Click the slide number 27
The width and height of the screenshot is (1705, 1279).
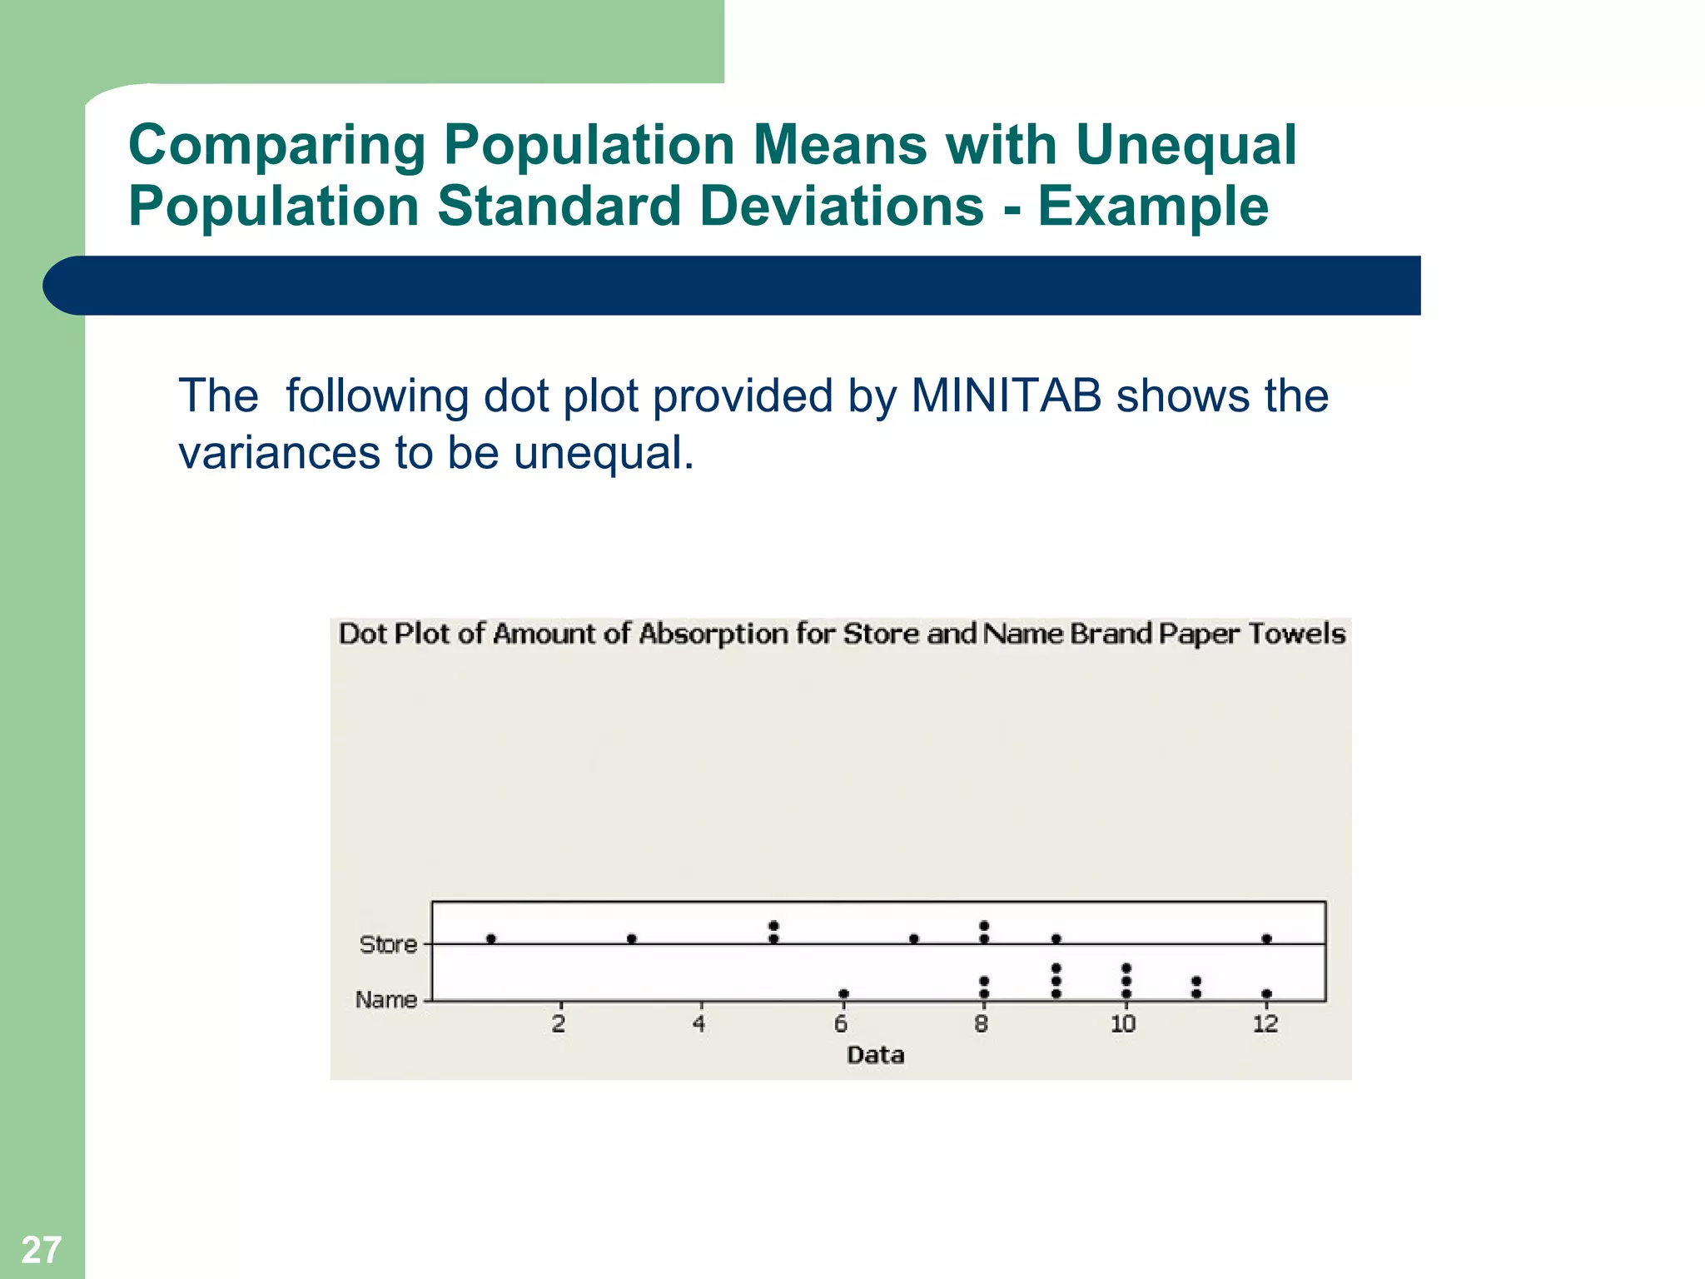[41, 1250]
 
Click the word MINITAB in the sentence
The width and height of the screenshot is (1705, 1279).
[1006, 396]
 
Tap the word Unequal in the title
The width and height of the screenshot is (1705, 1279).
[1186, 145]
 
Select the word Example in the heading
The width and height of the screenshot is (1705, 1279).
[1153, 207]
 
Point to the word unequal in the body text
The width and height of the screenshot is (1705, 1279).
[603, 453]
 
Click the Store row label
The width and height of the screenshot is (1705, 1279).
[388, 944]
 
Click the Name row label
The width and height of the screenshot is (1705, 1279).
[385, 999]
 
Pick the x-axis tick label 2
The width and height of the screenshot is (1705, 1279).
[559, 1024]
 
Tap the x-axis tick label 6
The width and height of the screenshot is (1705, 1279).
[841, 1024]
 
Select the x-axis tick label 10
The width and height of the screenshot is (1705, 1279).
[1123, 1024]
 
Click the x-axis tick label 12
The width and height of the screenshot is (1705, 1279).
[1265, 1024]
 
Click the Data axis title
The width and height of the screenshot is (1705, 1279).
[875, 1055]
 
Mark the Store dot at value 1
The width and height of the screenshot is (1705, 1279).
[491, 938]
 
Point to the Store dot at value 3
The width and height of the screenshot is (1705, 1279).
[632, 938]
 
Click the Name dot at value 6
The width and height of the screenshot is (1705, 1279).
[843, 993]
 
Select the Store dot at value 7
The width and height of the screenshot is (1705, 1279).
[914, 938]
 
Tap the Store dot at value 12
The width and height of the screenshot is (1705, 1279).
[1266, 938]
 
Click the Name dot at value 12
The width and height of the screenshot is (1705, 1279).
[1266, 993]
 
